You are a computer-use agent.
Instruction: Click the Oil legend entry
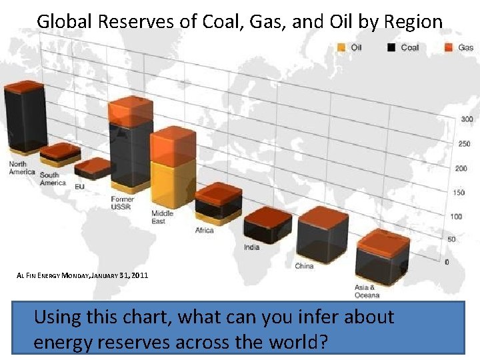coord(351,47)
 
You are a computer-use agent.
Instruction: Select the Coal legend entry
coord(403,47)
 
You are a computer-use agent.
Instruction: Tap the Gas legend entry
coord(460,47)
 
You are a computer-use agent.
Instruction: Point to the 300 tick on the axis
coord(467,119)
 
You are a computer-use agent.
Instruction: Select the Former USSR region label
coord(121,203)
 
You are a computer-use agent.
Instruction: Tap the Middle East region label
coord(162,217)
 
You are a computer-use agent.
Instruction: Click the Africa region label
coord(204,231)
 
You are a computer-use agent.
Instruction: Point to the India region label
coord(251,247)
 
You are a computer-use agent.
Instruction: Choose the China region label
coord(304,266)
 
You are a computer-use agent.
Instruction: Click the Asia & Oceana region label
coord(367,291)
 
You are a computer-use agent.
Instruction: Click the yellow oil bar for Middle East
coord(172,183)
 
